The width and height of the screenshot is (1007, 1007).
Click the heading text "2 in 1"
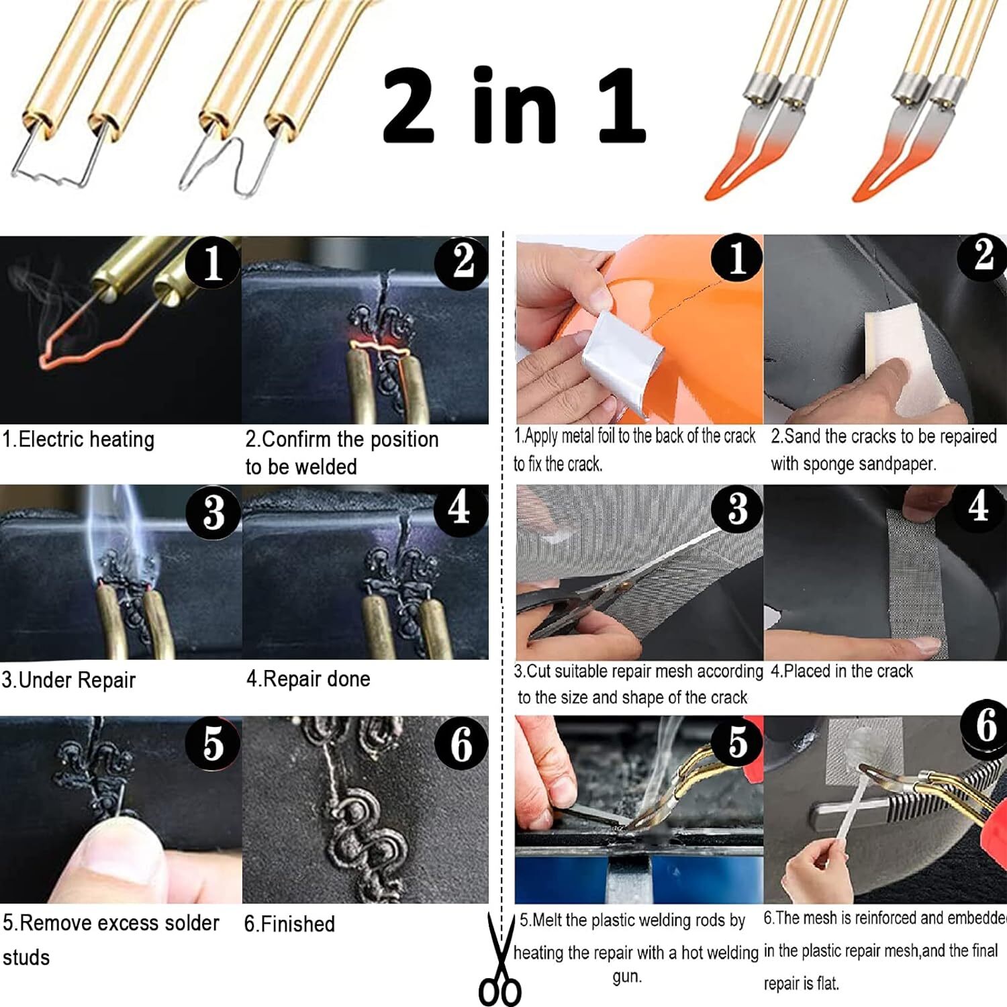[x=514, y=105]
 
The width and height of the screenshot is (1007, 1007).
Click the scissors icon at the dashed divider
[x=500, y=960]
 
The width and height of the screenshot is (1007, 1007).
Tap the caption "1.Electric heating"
[x=79, y=440]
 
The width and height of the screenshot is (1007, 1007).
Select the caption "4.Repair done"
[x=308, y=679]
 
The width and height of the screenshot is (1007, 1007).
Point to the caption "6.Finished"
[x=289, y=924]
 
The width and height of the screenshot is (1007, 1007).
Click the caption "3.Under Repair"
[x=68, y=680]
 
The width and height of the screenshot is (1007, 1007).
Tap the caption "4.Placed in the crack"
[x=842, y=671]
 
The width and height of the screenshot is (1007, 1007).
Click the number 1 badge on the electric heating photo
[x=212, y=262]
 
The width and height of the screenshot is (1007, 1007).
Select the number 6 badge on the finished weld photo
[x=461, y=744]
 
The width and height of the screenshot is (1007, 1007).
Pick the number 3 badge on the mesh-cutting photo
[x=737, y=509]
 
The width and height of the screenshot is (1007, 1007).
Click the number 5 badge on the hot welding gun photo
[x=737, y=742]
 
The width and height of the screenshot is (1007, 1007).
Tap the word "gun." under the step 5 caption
[x=627, y=977]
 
